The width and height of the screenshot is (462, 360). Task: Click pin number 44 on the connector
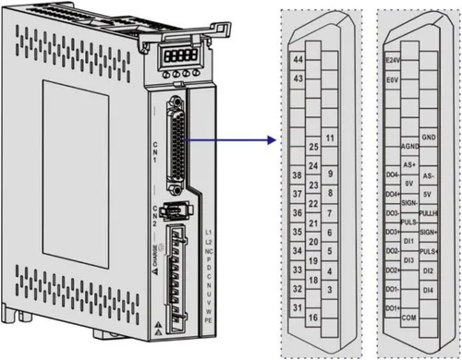coord(298,59)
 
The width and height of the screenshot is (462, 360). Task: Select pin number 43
coord(298,79)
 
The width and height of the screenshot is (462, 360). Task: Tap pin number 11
coord(330,138)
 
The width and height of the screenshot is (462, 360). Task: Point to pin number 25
coord(313,147)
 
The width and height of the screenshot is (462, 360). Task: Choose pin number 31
coord(298,306)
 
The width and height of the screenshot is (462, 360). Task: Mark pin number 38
coord(298,175)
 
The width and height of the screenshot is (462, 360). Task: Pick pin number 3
coord(330,290)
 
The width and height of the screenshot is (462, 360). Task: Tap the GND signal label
coord(428,138)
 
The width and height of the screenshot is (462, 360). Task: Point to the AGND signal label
coord(410,147)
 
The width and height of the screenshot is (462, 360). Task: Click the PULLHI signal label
coord(428,213)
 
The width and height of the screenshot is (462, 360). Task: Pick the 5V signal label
coord(428,194)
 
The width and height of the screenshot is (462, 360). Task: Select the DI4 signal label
coord(428,290)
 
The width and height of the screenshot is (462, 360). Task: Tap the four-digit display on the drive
coord(175,56)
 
